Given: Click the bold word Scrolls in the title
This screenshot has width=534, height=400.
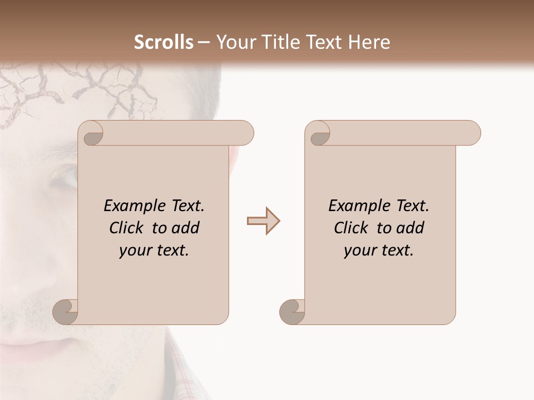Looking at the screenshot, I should (164, 42).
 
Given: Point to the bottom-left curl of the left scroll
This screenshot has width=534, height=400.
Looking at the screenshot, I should (66, 311).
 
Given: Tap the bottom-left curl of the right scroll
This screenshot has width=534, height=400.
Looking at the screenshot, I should (292, 311).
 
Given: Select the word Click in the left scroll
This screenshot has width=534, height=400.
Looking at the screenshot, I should (126, 228).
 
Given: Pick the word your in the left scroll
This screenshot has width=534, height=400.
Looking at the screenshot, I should (134, 250).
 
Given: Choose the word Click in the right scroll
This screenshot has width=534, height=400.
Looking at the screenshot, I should (351, 228).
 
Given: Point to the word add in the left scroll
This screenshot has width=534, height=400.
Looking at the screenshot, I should (186, 228).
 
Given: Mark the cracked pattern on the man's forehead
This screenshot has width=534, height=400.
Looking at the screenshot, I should (111, 89).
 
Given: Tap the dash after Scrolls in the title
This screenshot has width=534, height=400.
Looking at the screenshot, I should (203, 42).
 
